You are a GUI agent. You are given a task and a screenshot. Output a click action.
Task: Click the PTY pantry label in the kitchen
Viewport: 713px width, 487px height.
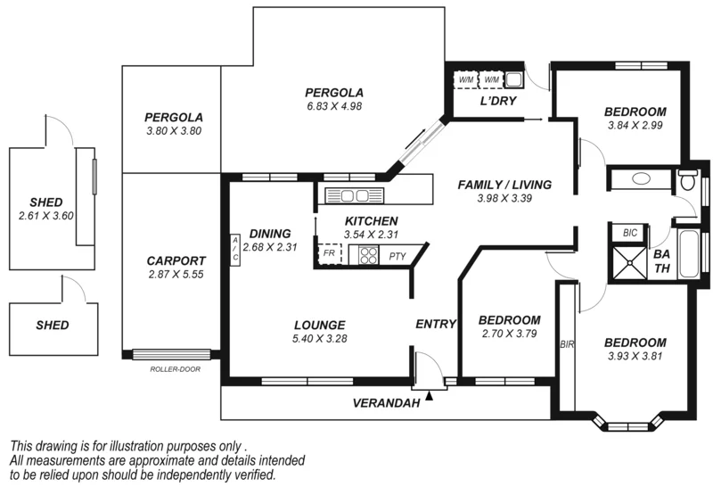[x=397, y=256]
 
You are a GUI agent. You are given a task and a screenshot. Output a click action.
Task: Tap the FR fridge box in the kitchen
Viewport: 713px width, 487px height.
[x=329, y=254]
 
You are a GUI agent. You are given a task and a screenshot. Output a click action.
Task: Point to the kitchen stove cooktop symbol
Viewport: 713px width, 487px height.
[x=368, y=256]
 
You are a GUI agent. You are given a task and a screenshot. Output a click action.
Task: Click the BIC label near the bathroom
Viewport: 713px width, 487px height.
[x=630, y=233]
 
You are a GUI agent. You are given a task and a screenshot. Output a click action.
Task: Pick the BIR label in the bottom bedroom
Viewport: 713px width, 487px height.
[x=566, y=343]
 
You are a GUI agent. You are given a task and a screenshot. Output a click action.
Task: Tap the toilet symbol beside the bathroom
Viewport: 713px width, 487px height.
[x=686, y=181]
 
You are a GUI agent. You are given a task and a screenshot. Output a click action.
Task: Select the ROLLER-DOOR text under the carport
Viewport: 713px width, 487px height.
[x=172, y=367]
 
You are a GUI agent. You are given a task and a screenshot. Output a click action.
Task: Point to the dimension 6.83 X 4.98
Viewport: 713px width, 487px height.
[x=333, y=106]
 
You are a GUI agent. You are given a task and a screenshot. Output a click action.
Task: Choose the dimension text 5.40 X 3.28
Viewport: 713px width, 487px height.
[x=318, y=339]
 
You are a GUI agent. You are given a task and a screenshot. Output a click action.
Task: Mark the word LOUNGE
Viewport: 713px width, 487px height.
[x=318, y=325]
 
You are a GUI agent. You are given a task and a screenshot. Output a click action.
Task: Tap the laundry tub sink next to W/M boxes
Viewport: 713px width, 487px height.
[x=514, y=79]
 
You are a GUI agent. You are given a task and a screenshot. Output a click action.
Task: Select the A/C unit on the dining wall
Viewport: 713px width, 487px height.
[x=235, y=249]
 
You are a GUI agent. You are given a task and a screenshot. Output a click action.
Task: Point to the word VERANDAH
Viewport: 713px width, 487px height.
[x=386, y=403]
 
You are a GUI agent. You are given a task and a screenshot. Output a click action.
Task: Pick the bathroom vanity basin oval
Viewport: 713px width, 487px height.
[x=641, y=178]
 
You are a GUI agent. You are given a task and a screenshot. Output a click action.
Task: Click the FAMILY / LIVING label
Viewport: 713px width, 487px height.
[x=504, y=185]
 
